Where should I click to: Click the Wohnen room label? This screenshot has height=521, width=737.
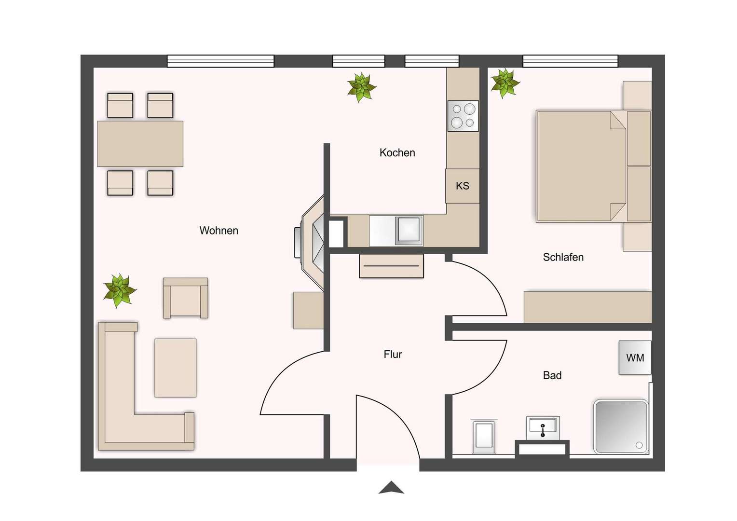coord(218,231)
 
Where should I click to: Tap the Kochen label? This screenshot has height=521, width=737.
coord(397,153)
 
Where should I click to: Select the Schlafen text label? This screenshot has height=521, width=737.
coord(563,257)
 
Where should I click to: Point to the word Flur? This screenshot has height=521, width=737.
coord(393,355)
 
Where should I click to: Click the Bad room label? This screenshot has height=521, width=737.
coord(552,375)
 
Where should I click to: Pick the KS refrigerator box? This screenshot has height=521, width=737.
coord(462,186)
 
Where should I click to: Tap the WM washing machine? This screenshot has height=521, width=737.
coord(635,358)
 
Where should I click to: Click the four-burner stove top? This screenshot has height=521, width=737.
coord(463,116)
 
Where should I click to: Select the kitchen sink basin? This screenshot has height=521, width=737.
coord(409,230)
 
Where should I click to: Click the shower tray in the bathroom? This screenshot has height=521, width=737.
coord(621,426)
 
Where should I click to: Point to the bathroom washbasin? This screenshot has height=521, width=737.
coord(543,427)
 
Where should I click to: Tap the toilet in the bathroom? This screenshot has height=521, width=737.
coord(484,436)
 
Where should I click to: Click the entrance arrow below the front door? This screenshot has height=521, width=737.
coord(391,488)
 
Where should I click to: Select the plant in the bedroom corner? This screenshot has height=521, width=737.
coord(505,83)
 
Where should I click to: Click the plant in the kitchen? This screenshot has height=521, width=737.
coord(361,87)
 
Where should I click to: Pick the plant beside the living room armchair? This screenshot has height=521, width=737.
coord(119,290)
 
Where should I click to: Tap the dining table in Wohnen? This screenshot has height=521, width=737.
coord(140,144)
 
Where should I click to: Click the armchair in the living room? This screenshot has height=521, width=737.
coord(185,299)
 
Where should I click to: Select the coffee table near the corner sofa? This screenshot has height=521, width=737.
coord(175,368)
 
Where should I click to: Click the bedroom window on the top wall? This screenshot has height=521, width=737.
coord(570,61)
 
